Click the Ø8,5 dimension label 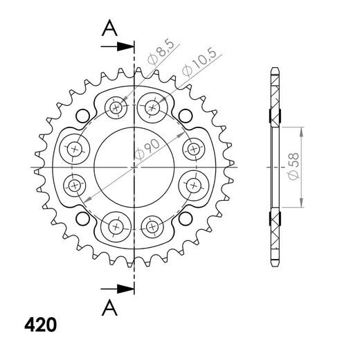point(161,53)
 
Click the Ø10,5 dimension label point(199,62)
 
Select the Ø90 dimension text point(147,150)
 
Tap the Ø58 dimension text point(294,166)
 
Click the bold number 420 point(41,325)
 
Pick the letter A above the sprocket point(109,28)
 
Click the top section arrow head point(125,46)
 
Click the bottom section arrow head point(125,289)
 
